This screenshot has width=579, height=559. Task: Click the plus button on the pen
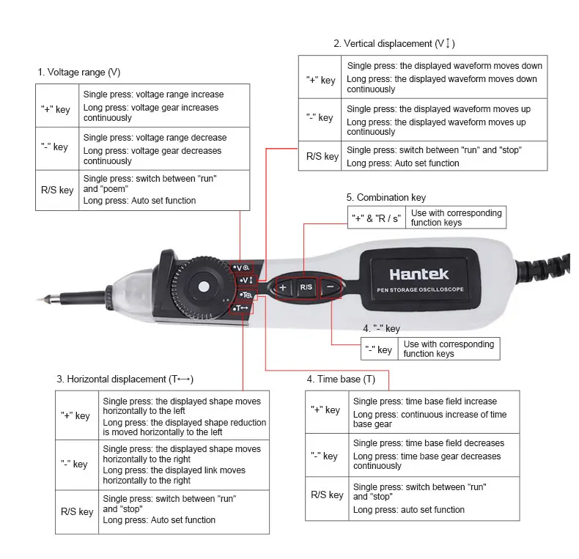tap(283, 288)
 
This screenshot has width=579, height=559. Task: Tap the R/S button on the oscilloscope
tap(306, 287)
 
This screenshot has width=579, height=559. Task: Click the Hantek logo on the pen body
tap(419, 274)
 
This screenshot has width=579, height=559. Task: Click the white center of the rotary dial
tap(204, 287)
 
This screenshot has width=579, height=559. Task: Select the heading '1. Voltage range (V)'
tap(79, 72)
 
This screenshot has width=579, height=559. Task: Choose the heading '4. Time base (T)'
tap(341, 380)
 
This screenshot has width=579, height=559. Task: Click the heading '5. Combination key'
tap(386, 198)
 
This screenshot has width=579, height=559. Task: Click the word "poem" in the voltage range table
tap(116, 189)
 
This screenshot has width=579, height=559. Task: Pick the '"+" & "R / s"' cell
tap(376, 218)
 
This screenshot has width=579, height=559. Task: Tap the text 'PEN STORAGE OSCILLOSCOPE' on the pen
tap(420, 290)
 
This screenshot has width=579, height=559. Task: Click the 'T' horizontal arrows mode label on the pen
tap(242, 308)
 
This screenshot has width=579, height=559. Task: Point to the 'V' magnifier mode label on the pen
tap(243, 267)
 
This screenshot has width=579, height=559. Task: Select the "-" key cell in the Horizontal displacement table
tap(77, 464)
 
